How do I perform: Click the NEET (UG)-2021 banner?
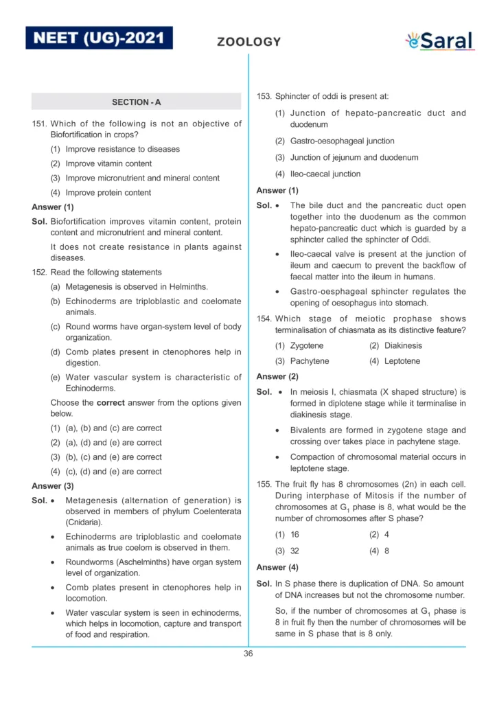(x=99, y=37)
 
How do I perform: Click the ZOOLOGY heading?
(x=248, y=42)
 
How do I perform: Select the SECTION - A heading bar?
(x=136, y=102)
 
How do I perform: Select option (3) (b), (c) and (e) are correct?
(x=106, y=457)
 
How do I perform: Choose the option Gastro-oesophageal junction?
(x=335, y=141)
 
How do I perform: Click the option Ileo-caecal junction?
(x=317, y=174)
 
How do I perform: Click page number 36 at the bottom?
(x=248, y=654)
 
